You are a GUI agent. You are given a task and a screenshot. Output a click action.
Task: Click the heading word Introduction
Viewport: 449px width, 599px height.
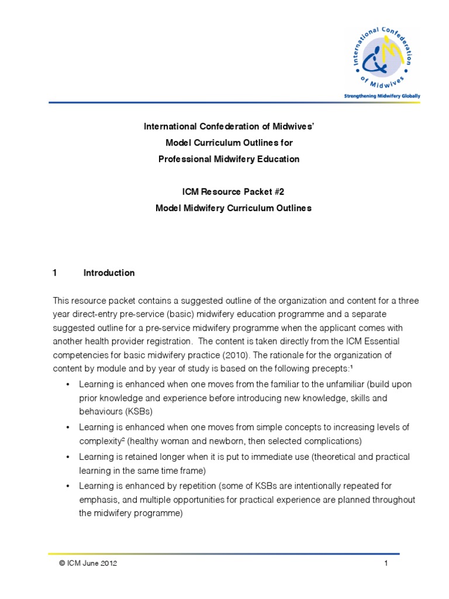(109, 273)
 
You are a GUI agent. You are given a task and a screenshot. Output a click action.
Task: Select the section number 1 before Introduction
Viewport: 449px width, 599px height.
(55, 273)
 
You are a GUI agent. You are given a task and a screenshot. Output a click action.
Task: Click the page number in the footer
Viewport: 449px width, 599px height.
(386, 563)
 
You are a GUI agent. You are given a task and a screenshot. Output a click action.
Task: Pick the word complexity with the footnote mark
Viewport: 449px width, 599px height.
(97, 440)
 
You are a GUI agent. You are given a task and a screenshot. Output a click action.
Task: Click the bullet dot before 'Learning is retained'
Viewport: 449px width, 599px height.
(68, 456)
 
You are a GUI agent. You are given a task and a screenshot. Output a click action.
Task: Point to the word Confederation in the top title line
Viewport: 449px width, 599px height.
(217, 126)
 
